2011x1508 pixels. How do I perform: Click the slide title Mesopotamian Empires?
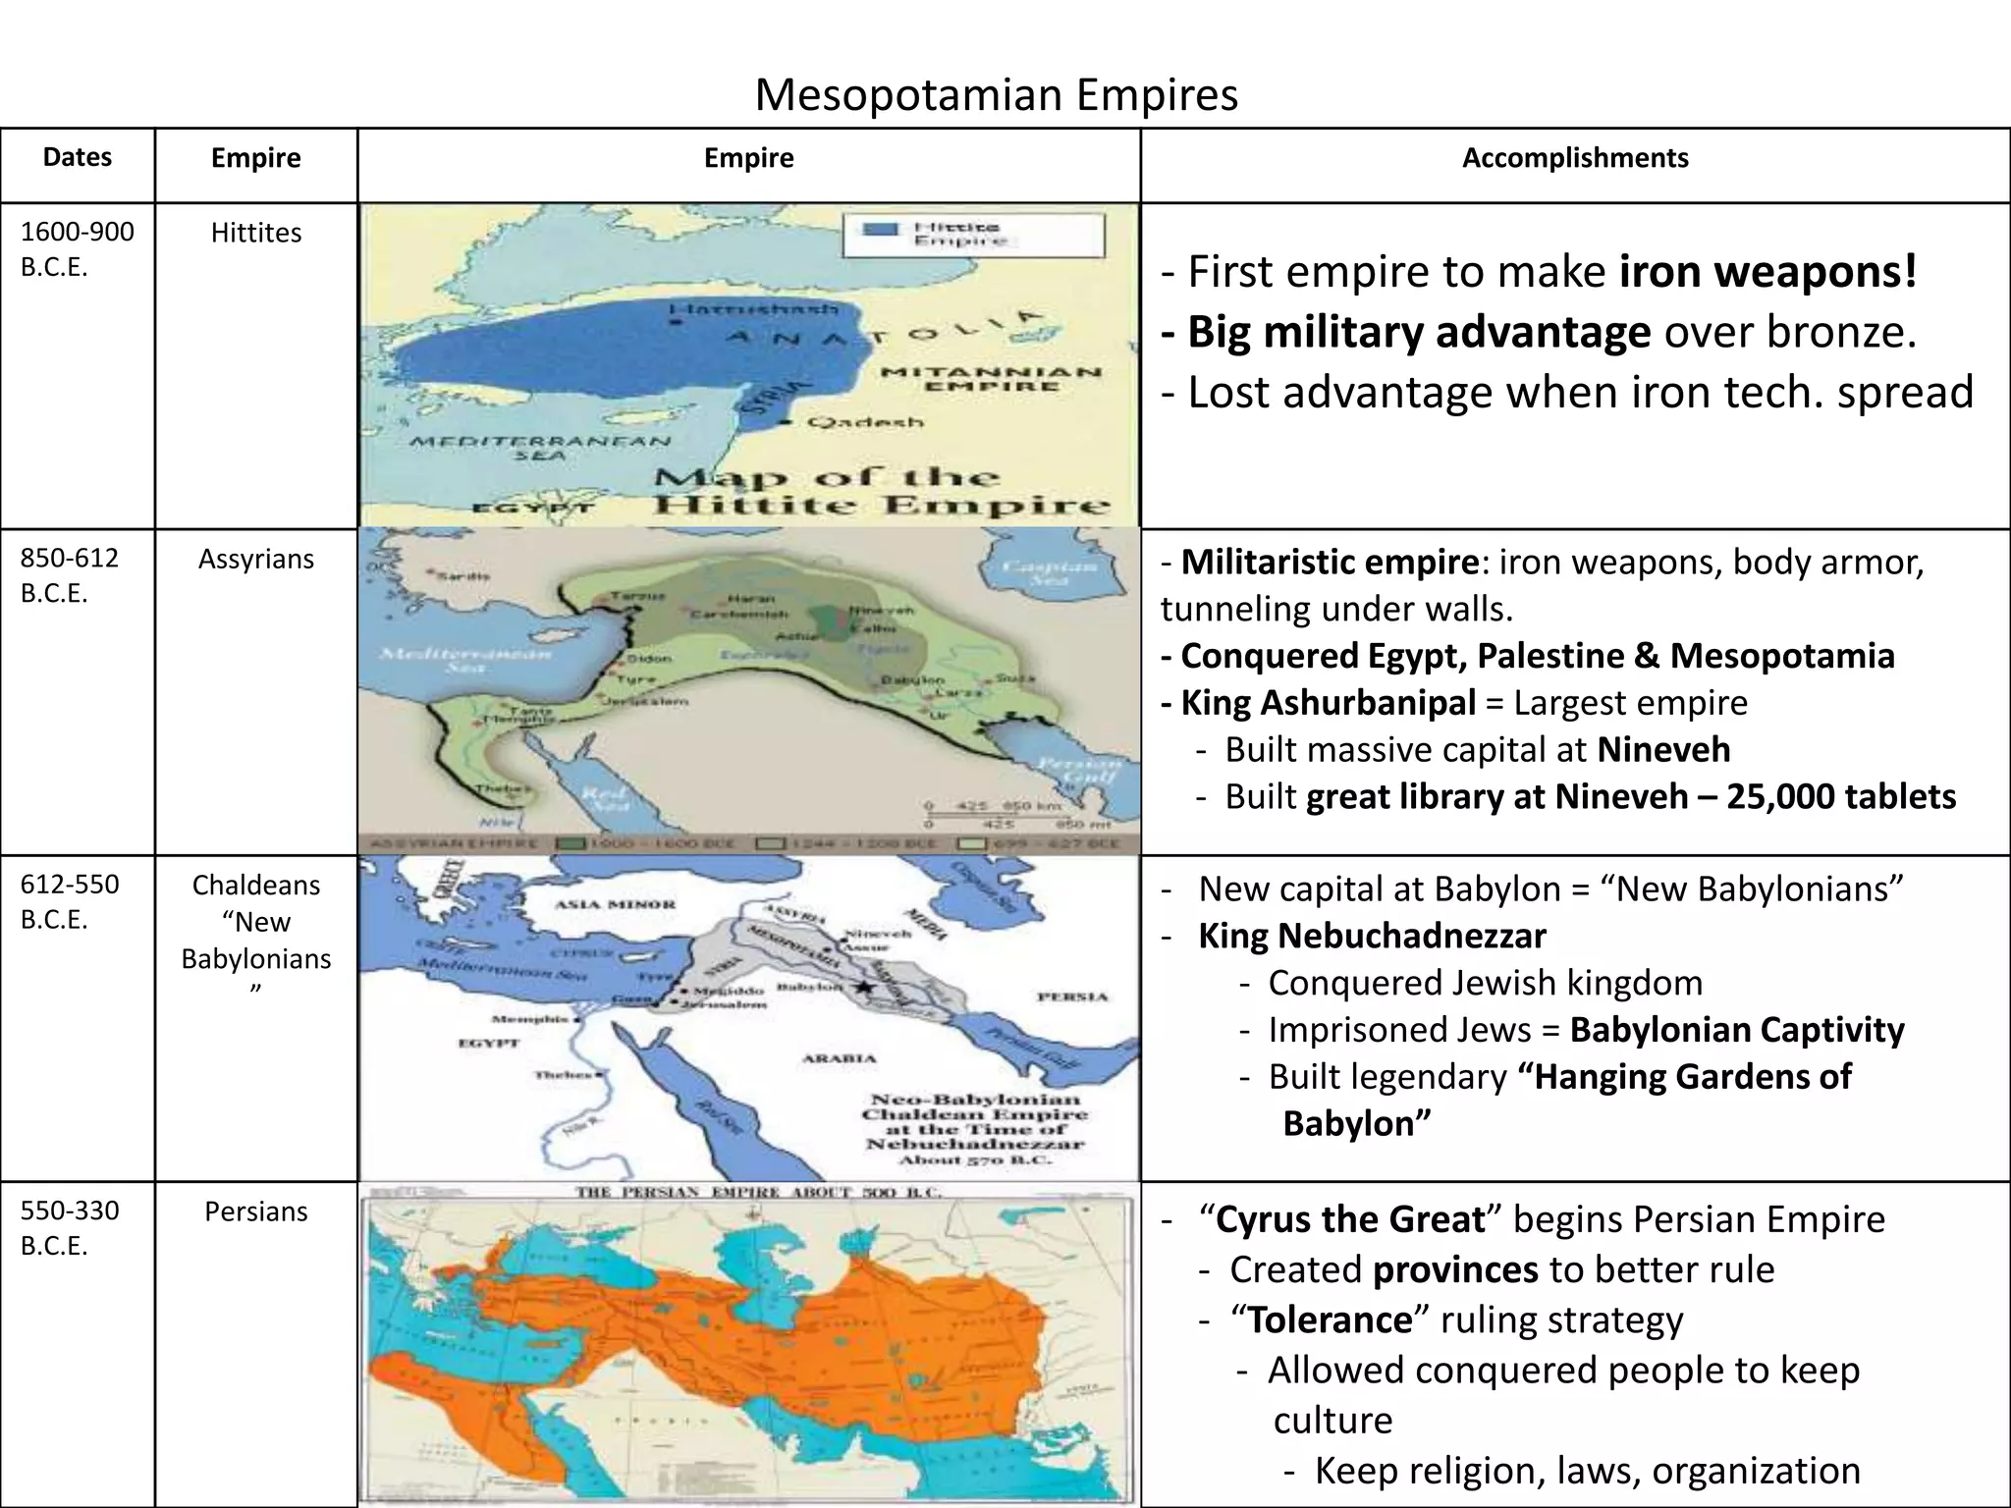[x=996, y=95]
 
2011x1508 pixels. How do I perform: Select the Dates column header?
[x=78, y=157]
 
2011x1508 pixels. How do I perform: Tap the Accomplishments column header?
[x=1575, y=158]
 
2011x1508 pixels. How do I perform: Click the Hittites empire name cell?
[x=255, y=233]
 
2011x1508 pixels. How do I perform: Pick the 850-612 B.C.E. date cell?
[x=69, y=575]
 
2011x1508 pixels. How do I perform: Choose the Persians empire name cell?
[x=255, y=1212]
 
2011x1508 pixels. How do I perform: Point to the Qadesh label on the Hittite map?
[x=864, y=422]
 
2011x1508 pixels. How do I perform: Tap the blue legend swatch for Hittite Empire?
[x=880, y=231]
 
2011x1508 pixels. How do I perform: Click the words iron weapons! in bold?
[x=1767, y=272]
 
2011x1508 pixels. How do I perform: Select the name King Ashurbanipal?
[x=1328, y=703]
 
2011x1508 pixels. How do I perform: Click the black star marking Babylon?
[x=863, y=986]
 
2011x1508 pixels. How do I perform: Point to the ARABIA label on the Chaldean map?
[x=839, y=1058]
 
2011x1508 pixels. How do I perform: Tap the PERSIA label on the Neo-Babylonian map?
[x=1072, y=996]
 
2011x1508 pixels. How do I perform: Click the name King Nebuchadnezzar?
[x=1372, y=936]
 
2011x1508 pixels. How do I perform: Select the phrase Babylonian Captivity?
[x=1737, y=1030]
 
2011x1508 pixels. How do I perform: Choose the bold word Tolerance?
[x=1330, y=1319]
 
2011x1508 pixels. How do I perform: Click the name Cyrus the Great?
[x=1350, y=1219]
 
